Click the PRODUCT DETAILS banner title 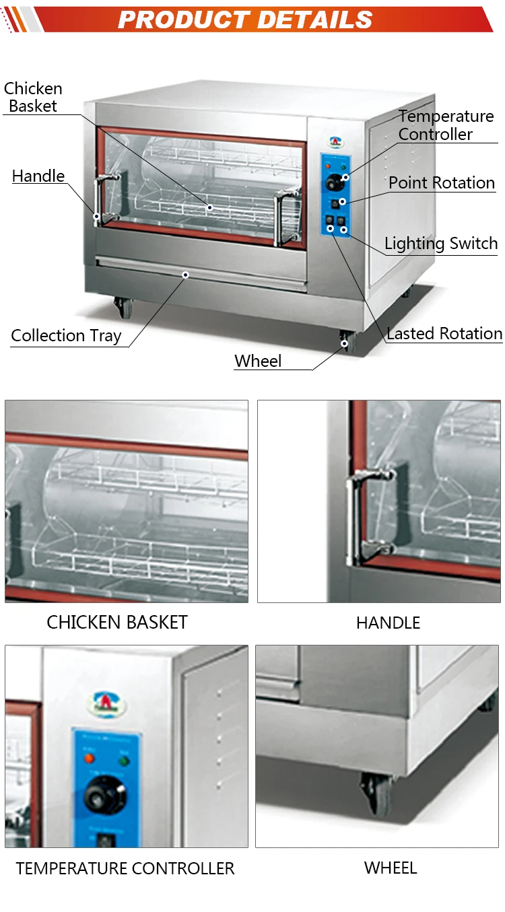coord(245,19)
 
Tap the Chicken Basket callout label coord(33,97)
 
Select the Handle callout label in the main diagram coord(38,176)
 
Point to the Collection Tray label coord(66,336)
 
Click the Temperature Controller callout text coord(446,125)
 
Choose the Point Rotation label coord(442,182)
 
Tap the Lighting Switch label coord(441,244)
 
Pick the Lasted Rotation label coord(444,333)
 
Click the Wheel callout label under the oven coord(258,361)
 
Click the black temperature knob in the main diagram coord(335,182)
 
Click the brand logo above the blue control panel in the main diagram coord(336,142)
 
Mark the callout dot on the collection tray coord(185,275)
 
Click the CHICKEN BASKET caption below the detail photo coord(117,622)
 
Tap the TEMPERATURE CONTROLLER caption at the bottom coord(125,868)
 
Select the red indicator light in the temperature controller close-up coord(89,758)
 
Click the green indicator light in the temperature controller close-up coord(123,760)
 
